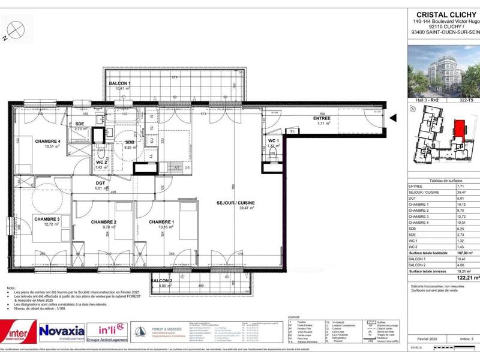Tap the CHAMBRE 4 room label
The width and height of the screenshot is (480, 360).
(x=47, y=141)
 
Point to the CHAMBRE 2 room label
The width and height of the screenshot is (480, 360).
(x=103, y=222)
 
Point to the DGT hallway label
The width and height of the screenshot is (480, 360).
(x=101, y=183)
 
